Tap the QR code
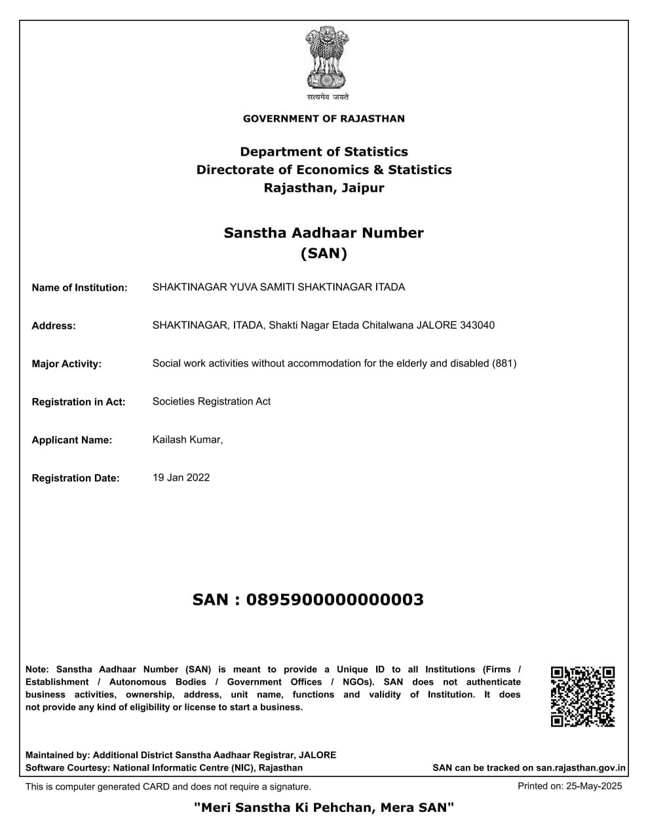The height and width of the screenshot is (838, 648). [x=582, y=697]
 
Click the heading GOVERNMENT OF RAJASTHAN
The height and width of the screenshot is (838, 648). [x=324, y=118]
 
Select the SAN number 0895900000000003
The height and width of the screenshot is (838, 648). [x=334, y=600]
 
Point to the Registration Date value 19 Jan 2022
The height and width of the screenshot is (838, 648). [x=181, y=477]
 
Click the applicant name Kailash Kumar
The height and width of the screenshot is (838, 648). [x=187, y=439]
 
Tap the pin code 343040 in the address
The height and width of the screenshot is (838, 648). [x=478, y=325]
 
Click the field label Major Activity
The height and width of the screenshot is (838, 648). [x=66, y=364]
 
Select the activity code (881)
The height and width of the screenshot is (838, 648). [x=504, y=363]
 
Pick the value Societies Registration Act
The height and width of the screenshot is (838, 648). [x=211, y=401]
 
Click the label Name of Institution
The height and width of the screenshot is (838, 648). [x=79, y=287]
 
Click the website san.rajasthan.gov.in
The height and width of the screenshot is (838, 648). [x=581, y=768]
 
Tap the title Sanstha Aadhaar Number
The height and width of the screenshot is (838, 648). [x=324, y=232]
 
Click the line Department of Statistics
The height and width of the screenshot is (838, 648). [x=324, y=152]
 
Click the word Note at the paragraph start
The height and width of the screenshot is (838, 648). [x=37, y=669]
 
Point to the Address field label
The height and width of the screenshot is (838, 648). [x=54, y=326]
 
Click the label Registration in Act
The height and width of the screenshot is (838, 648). [x=78, y=402]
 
